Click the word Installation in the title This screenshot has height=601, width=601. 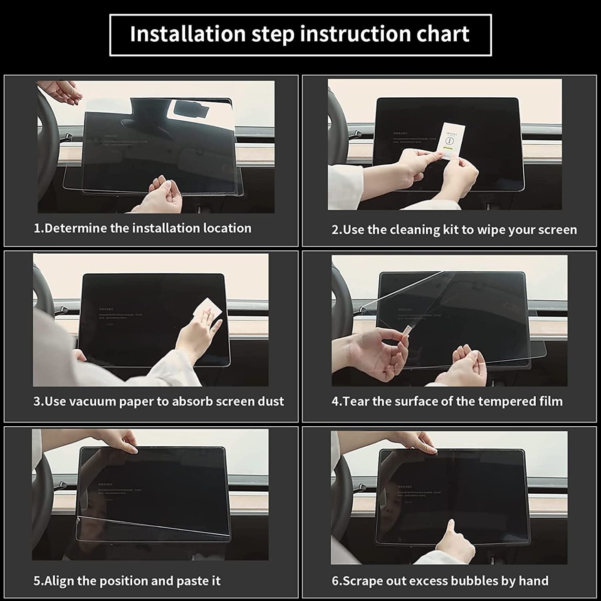point(188,34)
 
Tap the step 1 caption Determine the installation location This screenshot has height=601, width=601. point(142,228)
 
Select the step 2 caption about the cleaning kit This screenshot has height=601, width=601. point(454,230)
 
